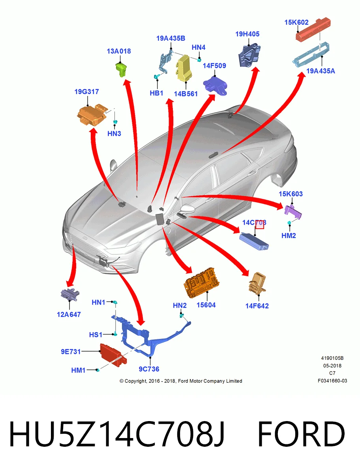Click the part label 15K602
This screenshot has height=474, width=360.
click(296, 22)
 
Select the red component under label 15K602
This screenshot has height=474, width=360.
click(313, 29)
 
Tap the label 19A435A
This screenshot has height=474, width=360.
click(321, 71)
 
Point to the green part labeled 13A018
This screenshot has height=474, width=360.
click(122, 69)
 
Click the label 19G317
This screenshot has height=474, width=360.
click(87, 92)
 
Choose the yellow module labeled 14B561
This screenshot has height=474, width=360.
click(184, 68)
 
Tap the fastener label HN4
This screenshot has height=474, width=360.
click(199, 47)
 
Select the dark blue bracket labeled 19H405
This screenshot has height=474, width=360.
click(249, 56)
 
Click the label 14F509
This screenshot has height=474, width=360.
click(214, 66)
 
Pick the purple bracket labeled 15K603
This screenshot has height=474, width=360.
click(293, 212)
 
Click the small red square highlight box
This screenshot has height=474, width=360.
click(259, 224)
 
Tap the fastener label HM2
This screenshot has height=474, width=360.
click(289, 235)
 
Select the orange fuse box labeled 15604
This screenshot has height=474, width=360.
click(201, 283)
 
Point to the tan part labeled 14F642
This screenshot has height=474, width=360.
click(257, 284)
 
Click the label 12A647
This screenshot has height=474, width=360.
click(69, 314)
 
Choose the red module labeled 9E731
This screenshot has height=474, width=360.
click(113, 355)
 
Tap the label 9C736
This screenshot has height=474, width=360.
click(149, 369)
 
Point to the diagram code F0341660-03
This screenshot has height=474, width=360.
click(332, 381)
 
